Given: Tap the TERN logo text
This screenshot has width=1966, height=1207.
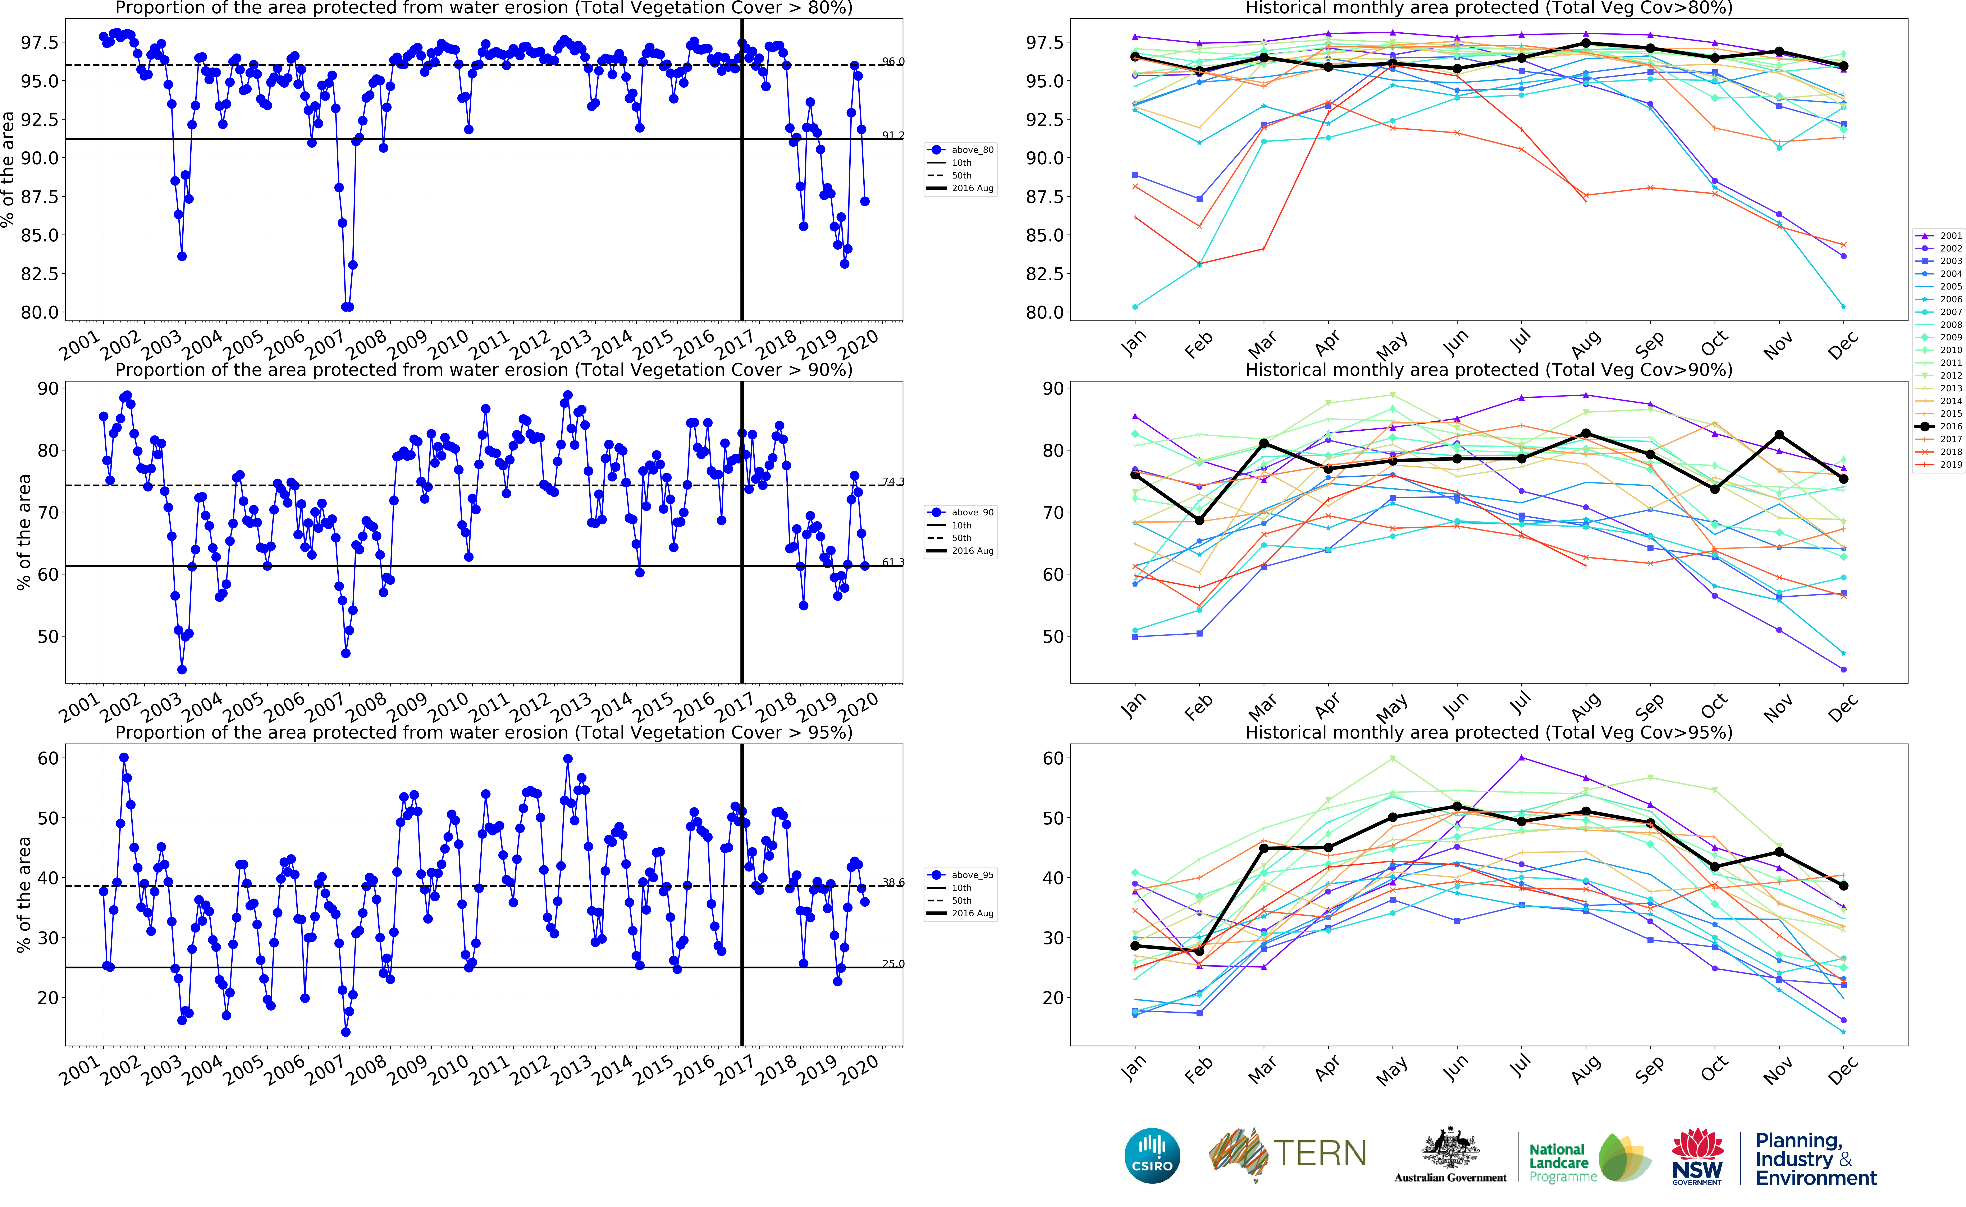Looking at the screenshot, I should (x=1319, y=1153).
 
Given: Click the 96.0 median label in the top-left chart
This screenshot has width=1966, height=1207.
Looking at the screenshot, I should (x=893, y=61).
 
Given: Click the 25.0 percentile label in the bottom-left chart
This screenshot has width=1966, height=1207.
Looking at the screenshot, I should (x=893, y=963).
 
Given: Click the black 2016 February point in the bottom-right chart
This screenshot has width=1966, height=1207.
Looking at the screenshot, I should (x=1199, y=951).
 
